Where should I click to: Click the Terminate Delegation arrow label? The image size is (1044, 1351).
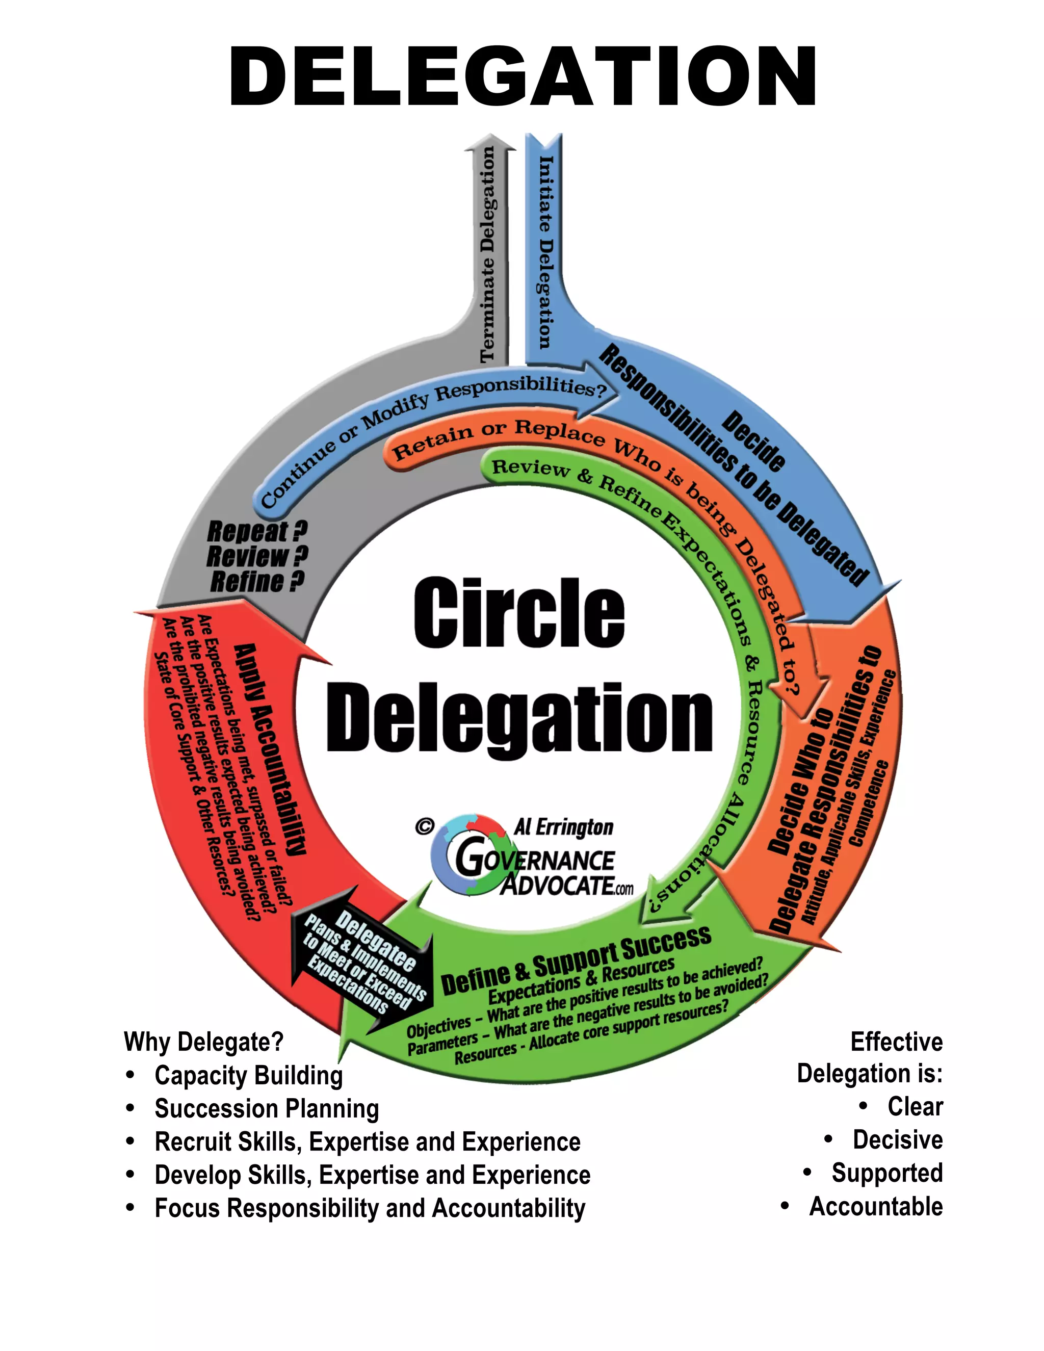(488, 253)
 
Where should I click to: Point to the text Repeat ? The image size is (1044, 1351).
(257, 531)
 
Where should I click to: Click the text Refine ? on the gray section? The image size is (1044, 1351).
(257, 582)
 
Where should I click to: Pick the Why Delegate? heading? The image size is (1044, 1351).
(203, 1042)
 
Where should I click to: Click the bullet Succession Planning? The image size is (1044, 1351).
(267, 1108)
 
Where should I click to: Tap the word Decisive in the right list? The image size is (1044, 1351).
(897, 1139)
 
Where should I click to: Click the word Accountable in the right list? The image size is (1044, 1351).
(876, 1206)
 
